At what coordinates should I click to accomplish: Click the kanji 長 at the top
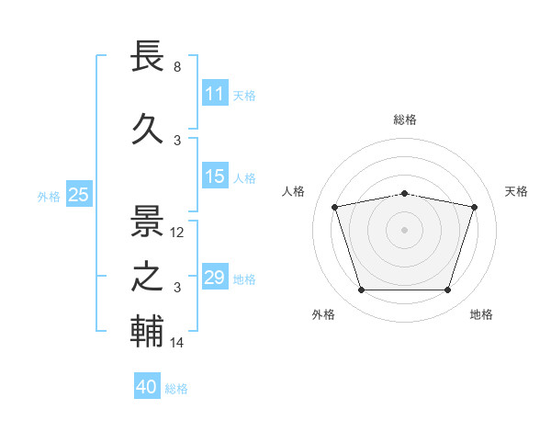148,58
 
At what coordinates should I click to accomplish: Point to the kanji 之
148,277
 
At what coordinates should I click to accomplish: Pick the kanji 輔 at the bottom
148,333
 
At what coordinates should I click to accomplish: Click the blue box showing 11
214,94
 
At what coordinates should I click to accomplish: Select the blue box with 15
214,177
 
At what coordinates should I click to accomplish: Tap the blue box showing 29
214,278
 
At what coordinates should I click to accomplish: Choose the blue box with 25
78,194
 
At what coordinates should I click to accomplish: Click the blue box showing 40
146,387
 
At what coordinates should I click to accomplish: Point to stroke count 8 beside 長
177,67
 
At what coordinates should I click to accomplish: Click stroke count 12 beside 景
177,233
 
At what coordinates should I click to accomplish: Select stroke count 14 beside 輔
177,343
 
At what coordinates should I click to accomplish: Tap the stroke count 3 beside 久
177,140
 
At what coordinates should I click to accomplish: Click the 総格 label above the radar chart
404,119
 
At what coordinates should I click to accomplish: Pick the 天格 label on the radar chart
517,191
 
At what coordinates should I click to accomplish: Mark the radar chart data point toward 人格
334,207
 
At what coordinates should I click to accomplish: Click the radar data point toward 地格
447,290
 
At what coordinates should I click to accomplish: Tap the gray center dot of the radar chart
404,230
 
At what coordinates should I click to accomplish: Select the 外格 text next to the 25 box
49,196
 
